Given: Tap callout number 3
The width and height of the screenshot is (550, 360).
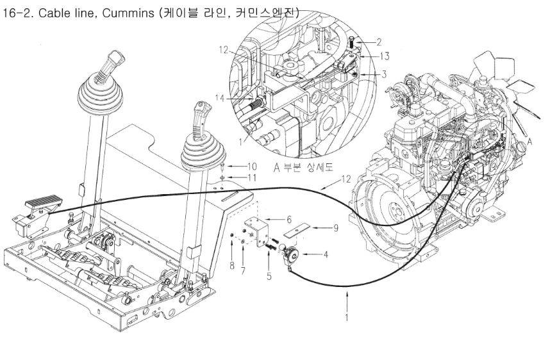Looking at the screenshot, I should point(383,74).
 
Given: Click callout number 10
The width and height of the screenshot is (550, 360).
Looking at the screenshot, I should point(235,165).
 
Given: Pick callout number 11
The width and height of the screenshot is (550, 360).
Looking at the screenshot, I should point(235,176).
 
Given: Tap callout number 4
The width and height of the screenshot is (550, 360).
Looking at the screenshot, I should point(326,255).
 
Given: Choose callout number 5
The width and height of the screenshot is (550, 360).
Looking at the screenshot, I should point(269,277).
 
